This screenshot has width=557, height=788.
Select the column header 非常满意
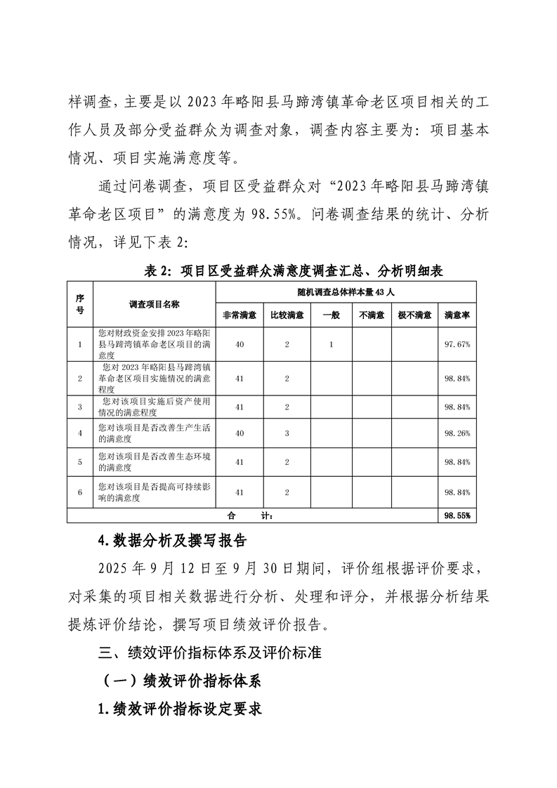click(x=239, y=315)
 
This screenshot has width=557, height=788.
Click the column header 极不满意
click(x=414, y=315)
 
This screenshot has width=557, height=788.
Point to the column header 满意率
click(x=457, y=315)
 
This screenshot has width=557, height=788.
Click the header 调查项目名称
click(x=155, y=304)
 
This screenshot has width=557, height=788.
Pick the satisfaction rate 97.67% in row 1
click(x=457, y=344)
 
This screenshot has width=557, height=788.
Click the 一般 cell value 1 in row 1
click(x=330, y=344)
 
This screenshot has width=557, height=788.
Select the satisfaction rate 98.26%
click(x=457, y=433)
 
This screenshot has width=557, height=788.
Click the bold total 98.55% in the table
click(x=457, y=516)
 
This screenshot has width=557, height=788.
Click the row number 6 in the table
click(x=80, y=492)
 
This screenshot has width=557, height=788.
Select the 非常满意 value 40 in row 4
click(x=239, y=433)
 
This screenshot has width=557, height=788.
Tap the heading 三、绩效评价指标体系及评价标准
click(x=210, y=652)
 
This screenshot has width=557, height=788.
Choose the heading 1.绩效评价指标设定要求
click(x=181, y=709)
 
